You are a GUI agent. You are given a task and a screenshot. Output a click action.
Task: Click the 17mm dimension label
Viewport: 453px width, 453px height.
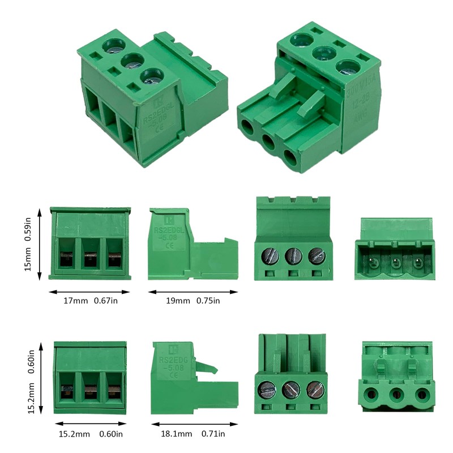pos(75,301)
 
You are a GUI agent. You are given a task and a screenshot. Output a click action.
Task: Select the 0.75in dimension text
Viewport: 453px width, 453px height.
pos(208,301)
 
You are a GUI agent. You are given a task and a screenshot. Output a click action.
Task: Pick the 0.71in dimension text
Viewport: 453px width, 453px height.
pos(213,434)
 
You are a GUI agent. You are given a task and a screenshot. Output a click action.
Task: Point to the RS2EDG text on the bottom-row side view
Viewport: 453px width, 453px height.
pos(173,360)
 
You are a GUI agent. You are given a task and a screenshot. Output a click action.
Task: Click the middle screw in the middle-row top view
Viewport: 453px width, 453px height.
pos(292,255)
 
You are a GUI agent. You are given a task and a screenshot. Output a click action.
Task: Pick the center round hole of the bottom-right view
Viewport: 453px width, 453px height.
pos(395,394)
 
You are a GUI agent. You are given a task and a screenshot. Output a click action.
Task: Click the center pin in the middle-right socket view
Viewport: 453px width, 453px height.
pos(394,263)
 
